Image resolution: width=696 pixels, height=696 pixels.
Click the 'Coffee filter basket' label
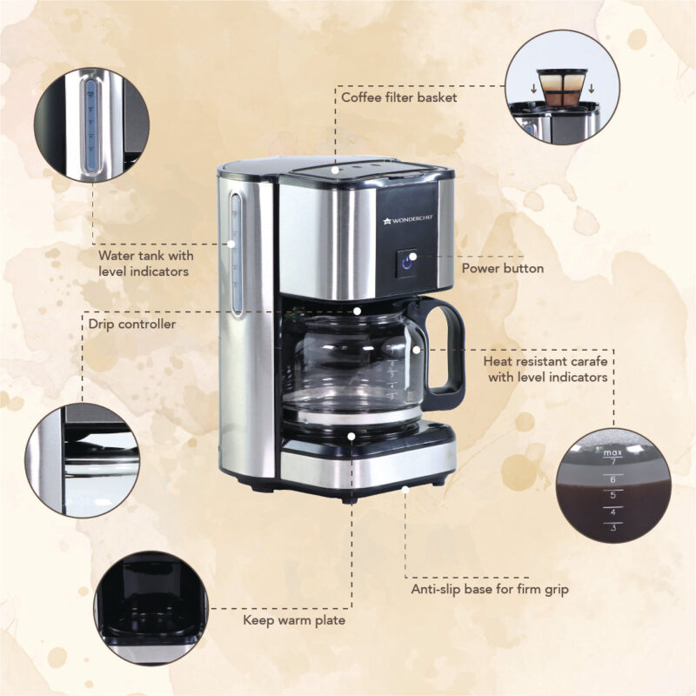tap(398, 97)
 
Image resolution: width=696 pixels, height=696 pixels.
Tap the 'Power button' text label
tap(502, 269)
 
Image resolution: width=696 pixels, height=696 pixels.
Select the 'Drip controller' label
tap(132, 325)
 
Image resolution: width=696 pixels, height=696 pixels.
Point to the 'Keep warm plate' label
tap(293, 620)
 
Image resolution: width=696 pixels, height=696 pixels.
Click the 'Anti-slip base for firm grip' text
tap(490, 590)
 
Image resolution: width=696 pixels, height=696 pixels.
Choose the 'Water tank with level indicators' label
tap(146, 264)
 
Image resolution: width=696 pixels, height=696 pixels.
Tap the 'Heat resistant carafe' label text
tap(545, 368)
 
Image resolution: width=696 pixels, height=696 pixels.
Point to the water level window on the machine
tap(235, 252)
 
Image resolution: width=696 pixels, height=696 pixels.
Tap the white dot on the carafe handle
tap(418, 348)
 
